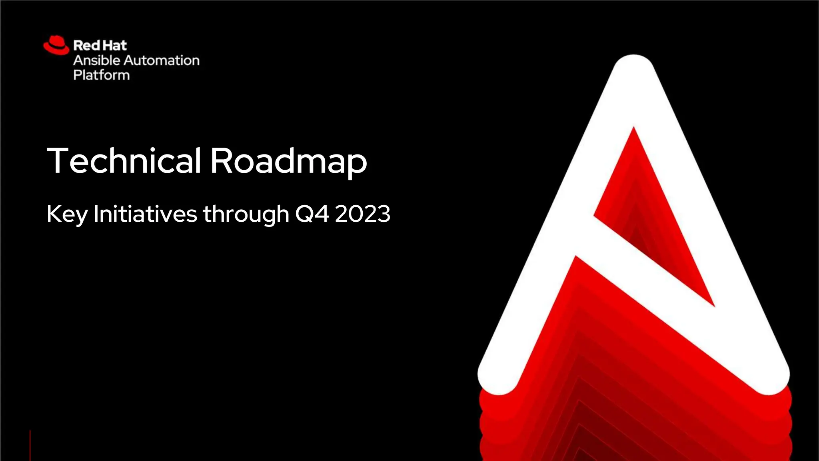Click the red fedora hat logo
pos(56,45)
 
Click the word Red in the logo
pos(86,45)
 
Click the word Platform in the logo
pos(102,75)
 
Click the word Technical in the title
pos(124,160)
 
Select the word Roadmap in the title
pos(288,161)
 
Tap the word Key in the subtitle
pos(67,214)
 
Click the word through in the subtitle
pos(246,214)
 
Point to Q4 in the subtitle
pos(312,214)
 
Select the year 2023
pos(363,214)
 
